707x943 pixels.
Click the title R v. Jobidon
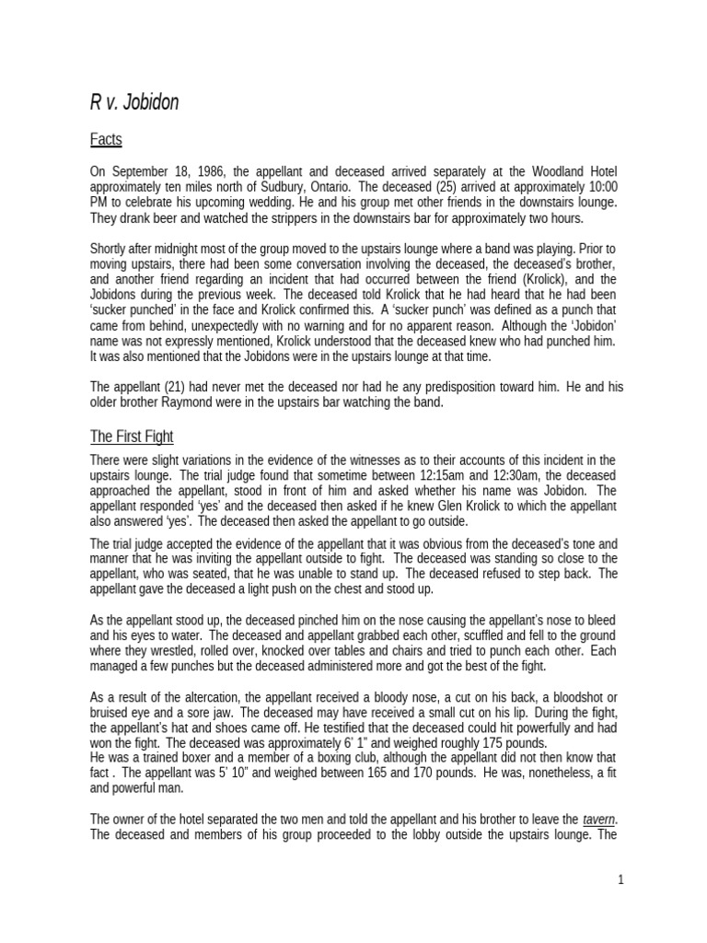coord(134,102)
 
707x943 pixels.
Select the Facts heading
coord(106,140)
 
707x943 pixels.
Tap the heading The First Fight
coord(132,437)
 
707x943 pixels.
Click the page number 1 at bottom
coord(621,879)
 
